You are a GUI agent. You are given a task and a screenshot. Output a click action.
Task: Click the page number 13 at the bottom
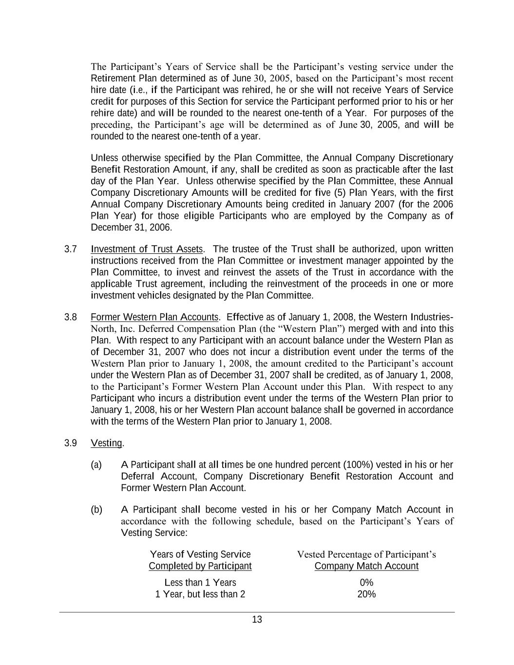[x=257, y=620]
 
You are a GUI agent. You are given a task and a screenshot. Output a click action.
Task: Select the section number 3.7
[x=71, y=249]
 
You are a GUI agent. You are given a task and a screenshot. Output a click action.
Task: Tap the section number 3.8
[x=71, y=318]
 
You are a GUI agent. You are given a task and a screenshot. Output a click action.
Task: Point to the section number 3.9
[x=71, y=443]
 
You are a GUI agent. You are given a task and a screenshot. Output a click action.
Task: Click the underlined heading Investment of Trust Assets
[x=147, y=249]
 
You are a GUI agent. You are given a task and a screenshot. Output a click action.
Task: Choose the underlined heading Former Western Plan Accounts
[x=155, y=318]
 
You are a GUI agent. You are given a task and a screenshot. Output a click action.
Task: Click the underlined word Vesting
[x=107, y=443]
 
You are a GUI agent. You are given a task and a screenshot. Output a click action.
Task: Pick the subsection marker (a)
[x=96, y=465]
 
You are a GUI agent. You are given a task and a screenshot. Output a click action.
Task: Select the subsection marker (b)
[x=96, y=510]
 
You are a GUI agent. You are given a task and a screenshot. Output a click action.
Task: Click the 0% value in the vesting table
[x=366, y=583]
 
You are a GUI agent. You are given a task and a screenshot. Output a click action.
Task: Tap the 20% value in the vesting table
[x=366, y=594]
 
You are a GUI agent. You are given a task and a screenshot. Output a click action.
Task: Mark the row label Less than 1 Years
[x=200, y=583]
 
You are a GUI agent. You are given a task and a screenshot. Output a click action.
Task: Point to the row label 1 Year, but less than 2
[x=200, y=594]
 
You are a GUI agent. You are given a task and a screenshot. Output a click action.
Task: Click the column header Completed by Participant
[x=200, y=566]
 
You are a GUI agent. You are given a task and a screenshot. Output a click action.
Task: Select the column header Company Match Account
[x=366, y=566]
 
